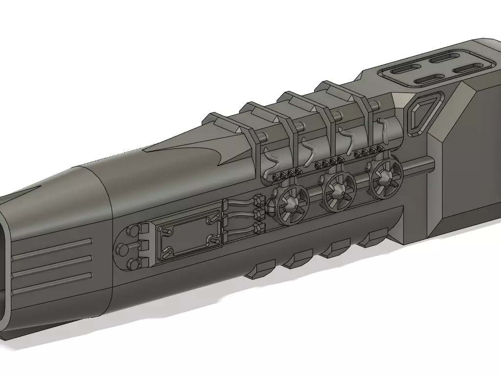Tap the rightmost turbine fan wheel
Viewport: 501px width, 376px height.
tap(387, 177)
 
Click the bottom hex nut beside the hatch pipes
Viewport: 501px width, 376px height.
tap(258, 227)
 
